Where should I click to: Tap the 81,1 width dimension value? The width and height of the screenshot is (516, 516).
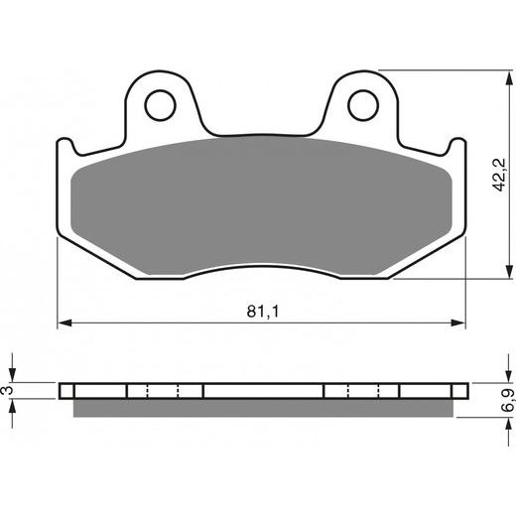263,312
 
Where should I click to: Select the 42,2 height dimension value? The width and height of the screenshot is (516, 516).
499,175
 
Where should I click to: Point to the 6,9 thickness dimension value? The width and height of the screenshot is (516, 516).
509,400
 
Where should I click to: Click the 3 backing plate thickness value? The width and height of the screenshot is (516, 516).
7,390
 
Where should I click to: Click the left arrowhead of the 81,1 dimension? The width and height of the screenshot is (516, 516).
64,323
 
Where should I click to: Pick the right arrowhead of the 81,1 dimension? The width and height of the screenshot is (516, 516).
458,323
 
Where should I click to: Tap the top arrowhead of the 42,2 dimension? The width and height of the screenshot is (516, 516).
509,77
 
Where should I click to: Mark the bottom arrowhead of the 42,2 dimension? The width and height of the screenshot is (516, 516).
509,271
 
